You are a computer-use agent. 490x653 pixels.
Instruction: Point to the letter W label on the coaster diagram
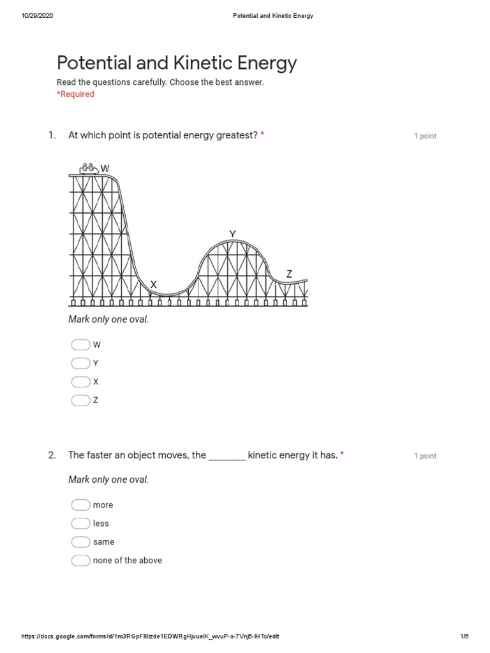tap(105, 168)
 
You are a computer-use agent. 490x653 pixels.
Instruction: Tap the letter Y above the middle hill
tap(232, 234)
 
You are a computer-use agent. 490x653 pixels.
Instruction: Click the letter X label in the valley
tap(153, 284)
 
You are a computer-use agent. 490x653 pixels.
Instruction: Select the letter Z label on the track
tap(289, 274)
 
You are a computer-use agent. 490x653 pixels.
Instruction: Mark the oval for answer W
tap(80, 345)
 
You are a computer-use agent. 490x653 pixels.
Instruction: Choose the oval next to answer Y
tap(80, 363)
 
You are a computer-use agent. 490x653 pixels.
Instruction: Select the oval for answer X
tap(80, 382)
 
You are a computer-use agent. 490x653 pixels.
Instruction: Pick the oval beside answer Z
tap(80, 400)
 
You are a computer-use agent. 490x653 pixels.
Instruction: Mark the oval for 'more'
tap(80, 505)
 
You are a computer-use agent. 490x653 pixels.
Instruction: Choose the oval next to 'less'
tap(80, 524)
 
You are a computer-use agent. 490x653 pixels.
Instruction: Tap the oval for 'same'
tap(80, 542)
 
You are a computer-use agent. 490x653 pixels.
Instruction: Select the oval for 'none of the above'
tap(80, 561)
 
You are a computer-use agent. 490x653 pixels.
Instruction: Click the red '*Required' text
tap(75, 94)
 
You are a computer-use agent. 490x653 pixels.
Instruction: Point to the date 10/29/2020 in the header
tap(37, 16)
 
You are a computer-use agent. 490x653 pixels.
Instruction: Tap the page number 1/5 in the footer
tap(464, 636)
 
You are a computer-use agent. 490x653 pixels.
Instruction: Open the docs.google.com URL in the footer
tap(150, 636)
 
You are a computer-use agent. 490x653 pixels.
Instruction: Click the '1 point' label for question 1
tap(425, 136)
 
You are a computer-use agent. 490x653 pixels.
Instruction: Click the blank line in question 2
tap(227, 456)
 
